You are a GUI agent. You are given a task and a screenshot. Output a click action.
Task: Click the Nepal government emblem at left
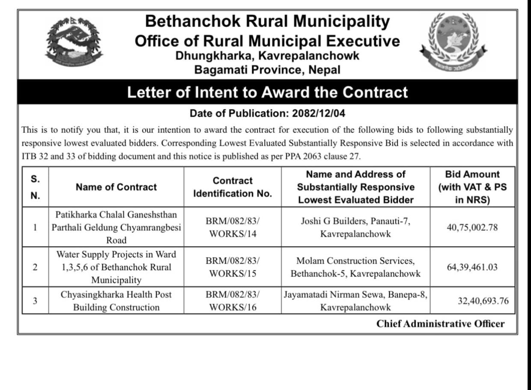coord(74,42)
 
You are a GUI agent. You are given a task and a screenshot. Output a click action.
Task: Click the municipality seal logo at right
coord(453,42)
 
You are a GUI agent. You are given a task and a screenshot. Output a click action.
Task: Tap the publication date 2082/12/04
coord(319,114)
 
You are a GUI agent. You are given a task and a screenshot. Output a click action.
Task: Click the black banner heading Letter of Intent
coord(267,92)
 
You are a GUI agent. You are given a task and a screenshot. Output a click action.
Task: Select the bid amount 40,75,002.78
coord(472,227)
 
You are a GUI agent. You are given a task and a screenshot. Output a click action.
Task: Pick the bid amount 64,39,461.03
coord(472,267)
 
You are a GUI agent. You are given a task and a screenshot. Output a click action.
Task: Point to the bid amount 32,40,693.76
coord(483,301)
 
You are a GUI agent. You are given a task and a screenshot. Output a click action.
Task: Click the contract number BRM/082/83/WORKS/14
coord(233,227)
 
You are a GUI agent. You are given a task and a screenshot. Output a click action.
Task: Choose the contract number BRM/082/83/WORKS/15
coord(233,267)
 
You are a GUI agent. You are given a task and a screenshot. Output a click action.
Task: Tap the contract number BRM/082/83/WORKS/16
coord(233,301)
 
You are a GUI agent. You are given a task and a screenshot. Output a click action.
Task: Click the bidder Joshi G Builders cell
coord(355,227)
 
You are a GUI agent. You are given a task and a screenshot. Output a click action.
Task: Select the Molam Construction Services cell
coord(355,267)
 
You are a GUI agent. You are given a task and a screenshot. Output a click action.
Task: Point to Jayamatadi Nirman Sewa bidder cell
coord(355,301)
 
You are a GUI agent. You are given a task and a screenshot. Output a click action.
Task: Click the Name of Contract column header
coord(116,187)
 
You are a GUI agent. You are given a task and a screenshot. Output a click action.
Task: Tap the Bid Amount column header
coord(472,187)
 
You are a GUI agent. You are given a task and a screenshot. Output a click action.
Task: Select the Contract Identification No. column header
coord(233,187)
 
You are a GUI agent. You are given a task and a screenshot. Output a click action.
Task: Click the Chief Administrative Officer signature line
coord(440,324)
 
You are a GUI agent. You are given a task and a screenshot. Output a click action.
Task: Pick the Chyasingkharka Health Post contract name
coord(116,301)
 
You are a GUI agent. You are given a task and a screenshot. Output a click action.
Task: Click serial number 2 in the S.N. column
coord(35,267)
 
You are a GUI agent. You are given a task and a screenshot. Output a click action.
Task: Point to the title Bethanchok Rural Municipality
coord(267,21)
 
